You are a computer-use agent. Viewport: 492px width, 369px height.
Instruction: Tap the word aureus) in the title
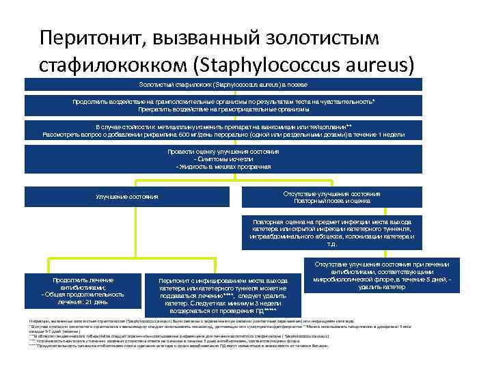pyautogui.click(x=379, y=64)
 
